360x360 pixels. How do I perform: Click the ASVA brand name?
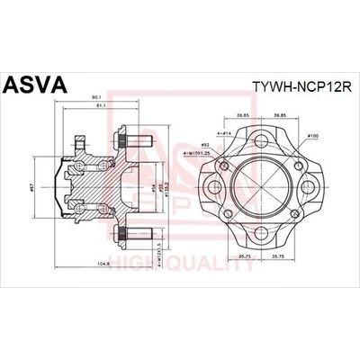point(36,86)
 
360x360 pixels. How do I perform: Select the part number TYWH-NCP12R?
point(299,89)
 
